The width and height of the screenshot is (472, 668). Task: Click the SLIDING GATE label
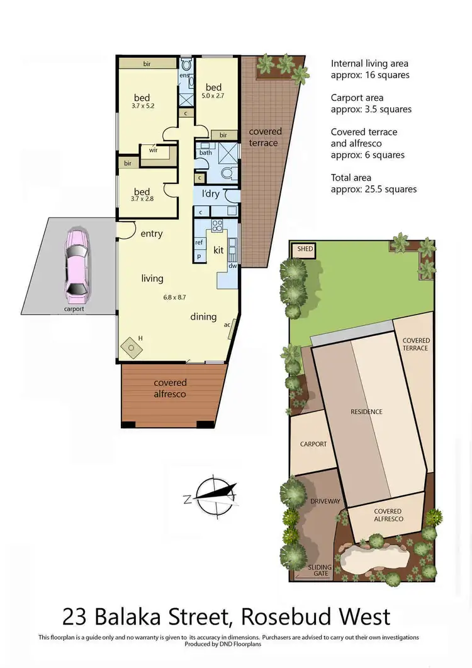[x=320, y=571]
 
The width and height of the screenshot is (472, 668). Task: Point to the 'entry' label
[x=151, y=234]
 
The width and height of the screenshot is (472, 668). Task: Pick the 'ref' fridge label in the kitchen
[x=199, y=242]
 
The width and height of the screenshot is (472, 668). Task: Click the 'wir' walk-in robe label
[x=153, y=150]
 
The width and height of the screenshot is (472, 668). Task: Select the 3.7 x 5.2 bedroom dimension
[x=143, y=106]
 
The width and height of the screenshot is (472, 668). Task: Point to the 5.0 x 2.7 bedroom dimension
[x=213, y=96]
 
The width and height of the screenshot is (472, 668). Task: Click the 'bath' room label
[x=205, y=153]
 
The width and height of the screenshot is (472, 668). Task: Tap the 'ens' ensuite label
[x=184, y=76]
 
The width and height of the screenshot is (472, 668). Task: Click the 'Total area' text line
[x=351, y=178]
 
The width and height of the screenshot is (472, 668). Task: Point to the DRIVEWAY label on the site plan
[x=325, y=501]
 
